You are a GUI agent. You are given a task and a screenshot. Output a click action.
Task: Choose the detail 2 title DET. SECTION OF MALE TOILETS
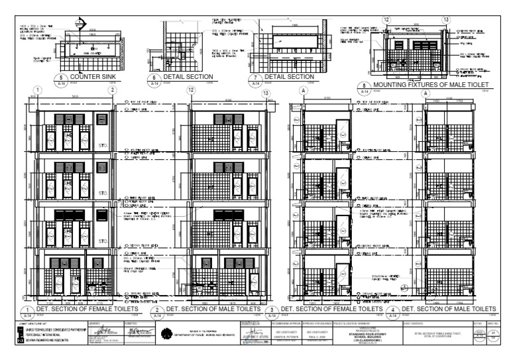pyautogui.click(x=212, y=309)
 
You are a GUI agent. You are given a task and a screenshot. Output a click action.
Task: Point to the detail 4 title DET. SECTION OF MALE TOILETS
pyautogui.click(x=449, y=309)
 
